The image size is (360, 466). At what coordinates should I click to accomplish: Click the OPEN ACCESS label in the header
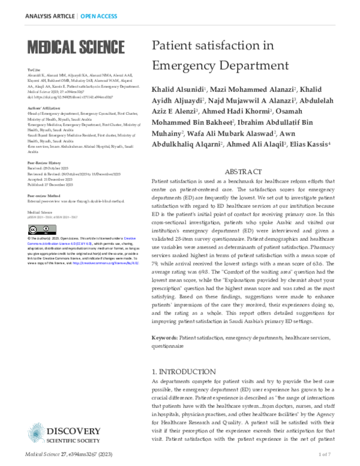(x=100, y=16)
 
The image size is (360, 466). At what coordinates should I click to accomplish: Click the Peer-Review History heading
(x=44, y=163)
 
